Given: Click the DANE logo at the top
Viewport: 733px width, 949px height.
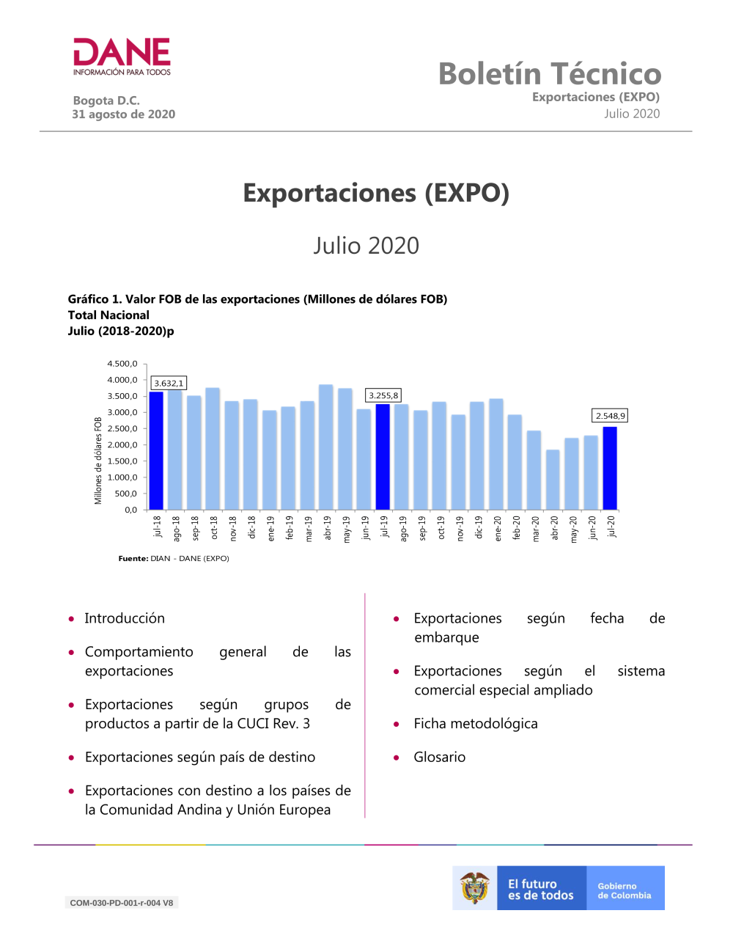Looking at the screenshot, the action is click(x=122, y=56).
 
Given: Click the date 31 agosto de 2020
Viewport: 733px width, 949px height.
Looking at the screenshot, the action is click(x=123, y=114).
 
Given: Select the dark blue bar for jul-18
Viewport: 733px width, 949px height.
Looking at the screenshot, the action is click(x=156, y=450).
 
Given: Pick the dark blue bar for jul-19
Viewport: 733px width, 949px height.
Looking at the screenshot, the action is click(x=383, y=456).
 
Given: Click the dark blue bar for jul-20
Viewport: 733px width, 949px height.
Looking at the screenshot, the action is click(x=610, y=468).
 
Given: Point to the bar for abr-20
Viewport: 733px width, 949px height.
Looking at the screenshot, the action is click(x=553, y=480).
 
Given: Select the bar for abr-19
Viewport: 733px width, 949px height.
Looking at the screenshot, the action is click(x=326, y=447).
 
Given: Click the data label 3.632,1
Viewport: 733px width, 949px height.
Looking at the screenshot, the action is click(x=169, y=383).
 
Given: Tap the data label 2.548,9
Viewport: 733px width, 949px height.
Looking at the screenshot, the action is click(x=610, y=416).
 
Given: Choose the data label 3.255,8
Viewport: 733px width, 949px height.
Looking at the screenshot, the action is click(x=383, y=395).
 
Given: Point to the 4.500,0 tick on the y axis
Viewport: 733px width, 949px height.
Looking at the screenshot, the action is click(x=122, y=364).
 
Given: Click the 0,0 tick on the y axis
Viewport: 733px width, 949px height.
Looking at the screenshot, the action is click(x=131, y=510).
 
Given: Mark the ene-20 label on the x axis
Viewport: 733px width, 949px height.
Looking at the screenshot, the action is click(x=498, y=529).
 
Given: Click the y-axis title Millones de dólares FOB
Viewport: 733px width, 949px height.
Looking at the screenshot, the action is click(x=98, y=461).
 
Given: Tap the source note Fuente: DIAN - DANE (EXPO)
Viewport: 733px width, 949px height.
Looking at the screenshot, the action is click(x=174, y=559).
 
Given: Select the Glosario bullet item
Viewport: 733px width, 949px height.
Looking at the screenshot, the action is click(x=439, y=757).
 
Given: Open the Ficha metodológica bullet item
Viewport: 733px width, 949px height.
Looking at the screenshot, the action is click(x=476, y=724).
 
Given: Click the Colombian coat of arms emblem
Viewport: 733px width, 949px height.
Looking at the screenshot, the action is click(x=475, y=887).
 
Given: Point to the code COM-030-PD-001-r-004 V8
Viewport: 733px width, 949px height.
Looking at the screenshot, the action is click(x=121, y=903).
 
